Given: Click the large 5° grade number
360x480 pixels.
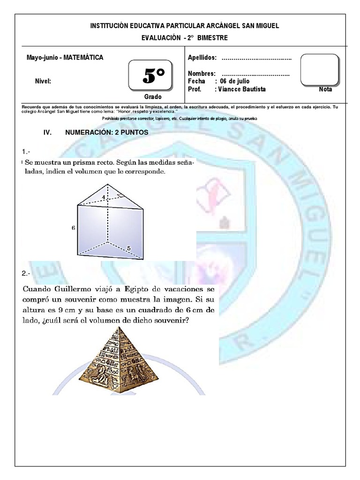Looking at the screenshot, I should click(x=154, y=76).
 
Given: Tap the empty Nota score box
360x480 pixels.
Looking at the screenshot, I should click(x=319, y=69).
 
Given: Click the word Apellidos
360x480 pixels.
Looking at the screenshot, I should click(x=202, y=58).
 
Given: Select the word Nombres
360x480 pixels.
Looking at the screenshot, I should click(x=202, y=74).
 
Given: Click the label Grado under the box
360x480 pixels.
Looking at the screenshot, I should click(x=153, y=97).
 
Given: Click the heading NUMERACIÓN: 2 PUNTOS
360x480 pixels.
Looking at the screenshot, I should click(x=107, y=133).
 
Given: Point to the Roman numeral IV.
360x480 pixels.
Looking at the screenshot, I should click(x=47, y=133).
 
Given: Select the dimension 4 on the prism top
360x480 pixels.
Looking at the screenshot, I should click(x=103, y=197).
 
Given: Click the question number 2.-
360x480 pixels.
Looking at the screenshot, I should click(x=26, y=273).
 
